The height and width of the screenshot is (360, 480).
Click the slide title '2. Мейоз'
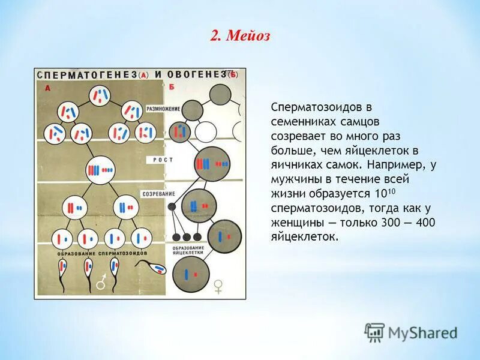tap(240, 36)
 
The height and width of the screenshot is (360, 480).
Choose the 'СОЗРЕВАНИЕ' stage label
tap(158, 194)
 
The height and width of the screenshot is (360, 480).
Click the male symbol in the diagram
tap(103, 280)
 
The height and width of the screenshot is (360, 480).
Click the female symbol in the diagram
tap(218, 286)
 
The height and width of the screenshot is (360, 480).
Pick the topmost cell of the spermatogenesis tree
tap(100, 95)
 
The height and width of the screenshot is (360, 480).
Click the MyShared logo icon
tap(374, 332)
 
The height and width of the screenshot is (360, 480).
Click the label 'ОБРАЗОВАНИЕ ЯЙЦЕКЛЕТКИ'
tap(188, 251)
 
